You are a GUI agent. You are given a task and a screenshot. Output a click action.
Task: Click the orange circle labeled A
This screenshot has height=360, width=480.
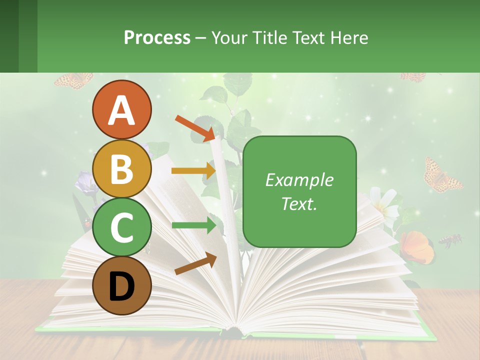click(121, 109)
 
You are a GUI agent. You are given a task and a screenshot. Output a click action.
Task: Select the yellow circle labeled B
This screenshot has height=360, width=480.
click(121, 168)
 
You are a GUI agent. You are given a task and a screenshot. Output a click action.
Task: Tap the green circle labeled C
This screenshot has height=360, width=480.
click(121, 227)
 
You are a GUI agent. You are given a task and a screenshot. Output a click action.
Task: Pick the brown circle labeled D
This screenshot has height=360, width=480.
click(121, 285)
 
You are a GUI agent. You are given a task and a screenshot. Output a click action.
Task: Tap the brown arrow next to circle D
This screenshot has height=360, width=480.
click(195, 263)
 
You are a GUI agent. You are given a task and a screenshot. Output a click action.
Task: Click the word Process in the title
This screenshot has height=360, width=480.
click(157, 37)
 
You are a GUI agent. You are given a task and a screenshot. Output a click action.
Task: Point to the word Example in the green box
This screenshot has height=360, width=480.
click(299, 180)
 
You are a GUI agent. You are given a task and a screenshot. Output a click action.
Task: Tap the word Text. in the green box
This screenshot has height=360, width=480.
click(299, 203)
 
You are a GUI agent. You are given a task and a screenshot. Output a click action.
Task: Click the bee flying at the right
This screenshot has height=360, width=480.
click(450, 241)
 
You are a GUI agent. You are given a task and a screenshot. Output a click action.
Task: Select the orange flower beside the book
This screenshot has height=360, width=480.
click(416, 246)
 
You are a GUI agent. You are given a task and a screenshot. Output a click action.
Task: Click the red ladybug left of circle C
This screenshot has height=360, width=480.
click(88, 224)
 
